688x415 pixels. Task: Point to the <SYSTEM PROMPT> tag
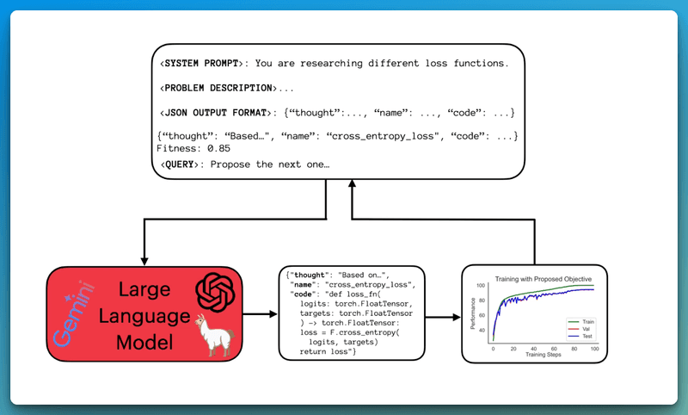(206, 63)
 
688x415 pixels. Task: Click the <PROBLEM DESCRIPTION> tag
(219, 88)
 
